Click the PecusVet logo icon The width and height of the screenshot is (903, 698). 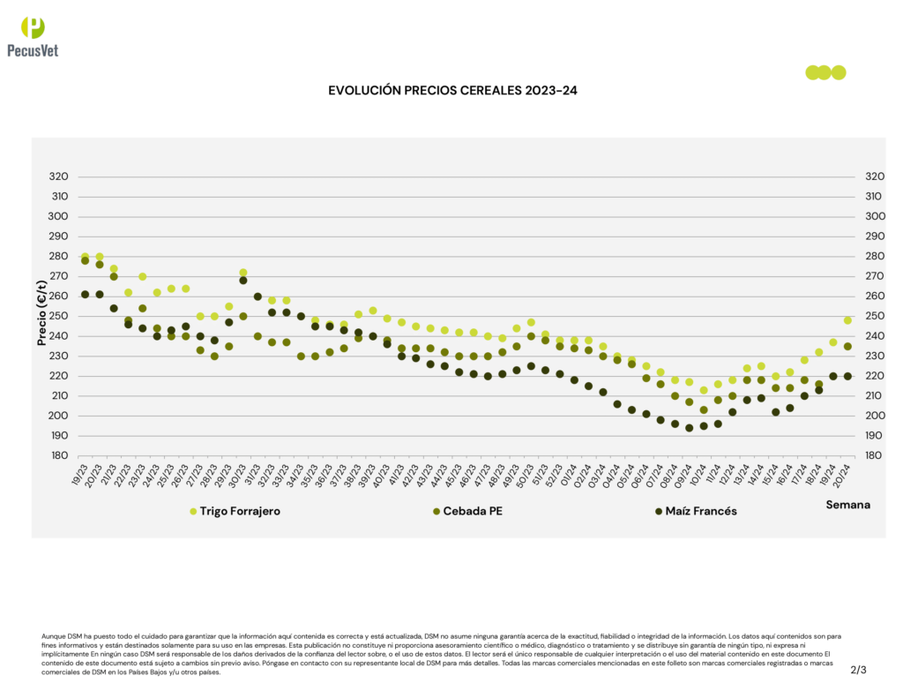point(32,27)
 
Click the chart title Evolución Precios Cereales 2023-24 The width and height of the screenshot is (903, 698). point(451,91)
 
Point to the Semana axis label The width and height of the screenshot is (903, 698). point(847,505)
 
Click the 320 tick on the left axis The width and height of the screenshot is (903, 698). point(59,176)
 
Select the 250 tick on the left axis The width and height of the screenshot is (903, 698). point(59,316)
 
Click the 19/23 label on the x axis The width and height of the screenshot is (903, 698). point(79,475)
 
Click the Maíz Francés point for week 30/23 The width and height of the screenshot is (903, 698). point(243,281)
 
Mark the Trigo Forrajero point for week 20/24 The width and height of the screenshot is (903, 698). point(847,320)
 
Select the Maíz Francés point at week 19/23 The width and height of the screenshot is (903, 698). point(85,294)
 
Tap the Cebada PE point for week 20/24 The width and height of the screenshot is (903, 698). point(847,346)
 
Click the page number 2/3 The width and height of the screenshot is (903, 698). point(858,670)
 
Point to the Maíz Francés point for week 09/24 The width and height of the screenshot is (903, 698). point(689,428)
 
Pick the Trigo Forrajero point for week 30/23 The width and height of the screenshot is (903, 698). point(243,273)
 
